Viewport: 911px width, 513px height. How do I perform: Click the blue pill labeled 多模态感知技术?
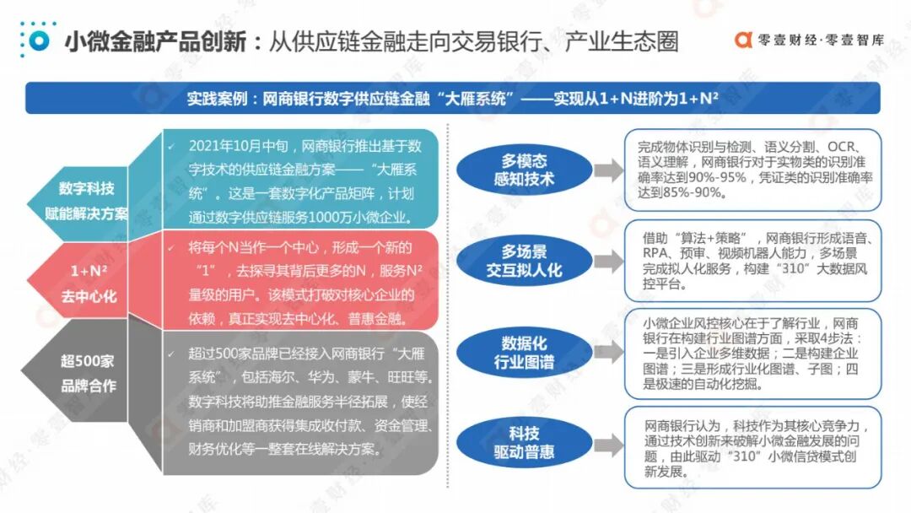524,170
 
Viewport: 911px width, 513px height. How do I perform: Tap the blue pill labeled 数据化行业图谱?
524,354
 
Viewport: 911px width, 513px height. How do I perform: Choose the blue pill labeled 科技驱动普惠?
524,442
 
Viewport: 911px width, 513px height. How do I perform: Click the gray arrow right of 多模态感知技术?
608,171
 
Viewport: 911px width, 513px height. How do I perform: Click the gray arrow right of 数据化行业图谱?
608,354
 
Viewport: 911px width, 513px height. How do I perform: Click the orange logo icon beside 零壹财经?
743,39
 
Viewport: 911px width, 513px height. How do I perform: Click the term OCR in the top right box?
844,145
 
